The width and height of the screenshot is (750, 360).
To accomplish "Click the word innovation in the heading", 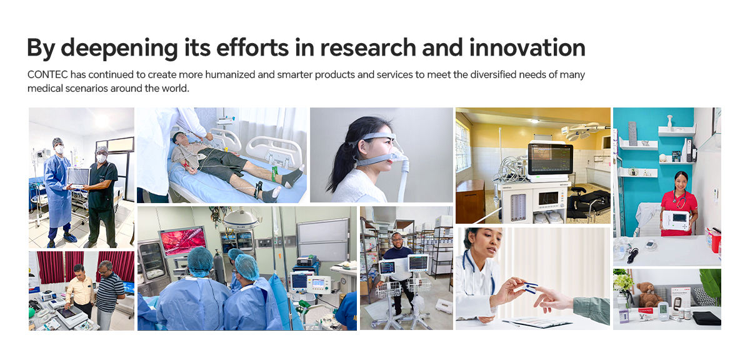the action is pos(527,47).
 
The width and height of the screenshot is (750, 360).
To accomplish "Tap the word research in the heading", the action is pos(368,48).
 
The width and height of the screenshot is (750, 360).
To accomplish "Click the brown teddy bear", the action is pos(649,294).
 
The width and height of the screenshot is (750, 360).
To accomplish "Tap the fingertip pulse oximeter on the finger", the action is pos(529,287).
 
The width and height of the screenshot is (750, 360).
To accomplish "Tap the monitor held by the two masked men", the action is pos(78,177).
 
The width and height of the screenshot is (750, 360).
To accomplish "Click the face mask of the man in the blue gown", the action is pos(59,149).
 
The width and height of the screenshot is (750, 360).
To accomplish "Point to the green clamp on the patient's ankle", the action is pos(274,174).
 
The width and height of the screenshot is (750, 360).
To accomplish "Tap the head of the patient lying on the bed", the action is pos(179,138).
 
